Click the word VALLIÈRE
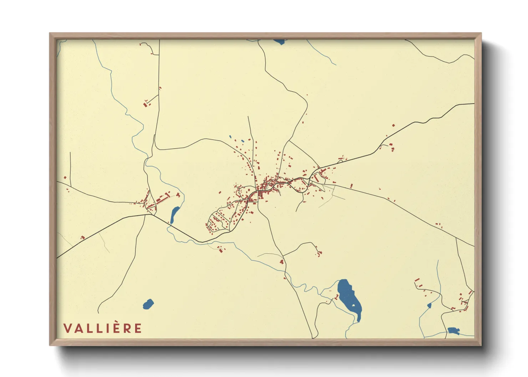[x=103, y=328]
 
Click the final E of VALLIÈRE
[x=138, y=328]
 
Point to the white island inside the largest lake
[x=354, y=305]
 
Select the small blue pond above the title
[x=148, y=304]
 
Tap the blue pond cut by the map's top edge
[x=279, y=42]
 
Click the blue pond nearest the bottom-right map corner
[x=453, y=331]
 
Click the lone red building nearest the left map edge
[x=65, y=177]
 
